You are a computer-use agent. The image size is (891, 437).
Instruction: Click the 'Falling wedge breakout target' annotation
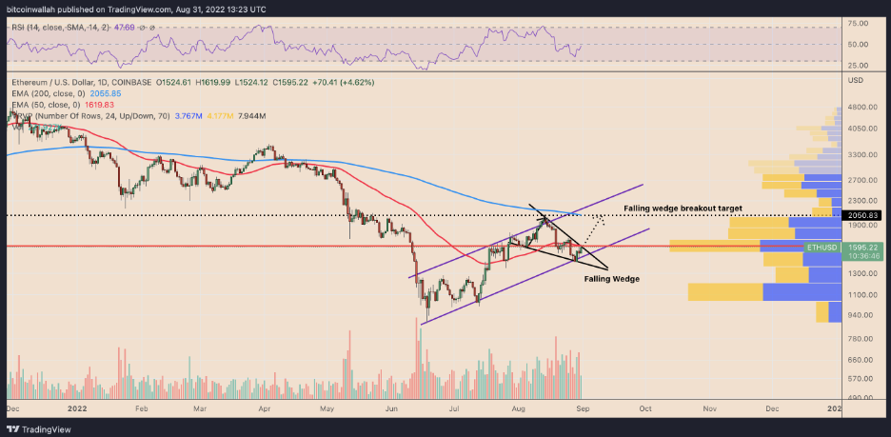click(x=683, y=208)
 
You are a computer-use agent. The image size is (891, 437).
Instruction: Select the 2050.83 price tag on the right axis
click(x=864, y=216)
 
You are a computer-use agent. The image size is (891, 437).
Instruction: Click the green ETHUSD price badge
click(x=822, y=247)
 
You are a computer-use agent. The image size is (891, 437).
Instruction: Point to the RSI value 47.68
click(x=122, y=29)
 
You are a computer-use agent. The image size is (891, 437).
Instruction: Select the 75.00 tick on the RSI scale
click(x=861, y=22)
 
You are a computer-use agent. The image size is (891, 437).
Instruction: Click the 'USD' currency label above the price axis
click(x=855, y=79)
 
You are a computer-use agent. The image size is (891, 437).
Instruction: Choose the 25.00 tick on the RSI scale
click(x=861, y=62)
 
